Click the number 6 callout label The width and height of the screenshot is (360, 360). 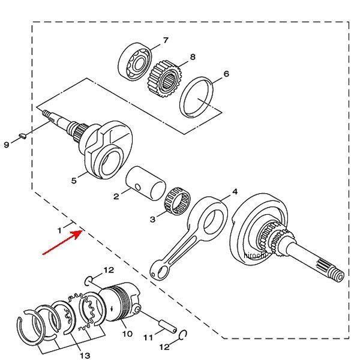226,74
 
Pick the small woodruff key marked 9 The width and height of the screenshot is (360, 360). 20,136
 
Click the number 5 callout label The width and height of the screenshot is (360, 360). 74,179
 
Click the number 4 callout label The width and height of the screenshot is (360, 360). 235,192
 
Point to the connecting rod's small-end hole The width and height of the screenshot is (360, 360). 157,274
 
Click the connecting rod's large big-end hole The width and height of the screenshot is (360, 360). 213,220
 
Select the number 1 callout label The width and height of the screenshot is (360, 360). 59,230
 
